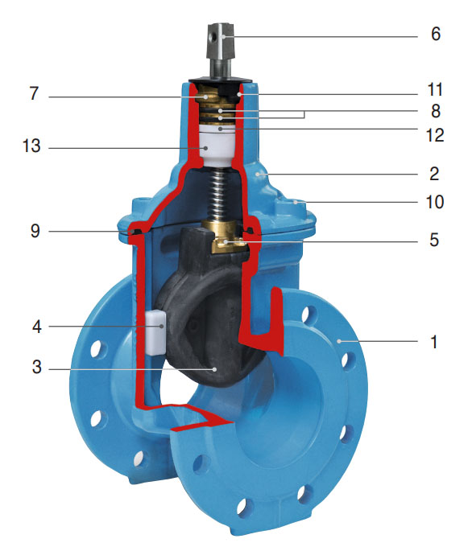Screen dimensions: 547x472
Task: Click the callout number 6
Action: point(435,36)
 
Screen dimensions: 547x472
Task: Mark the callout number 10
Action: point(434,201)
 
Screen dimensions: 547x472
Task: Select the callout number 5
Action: point(435,240)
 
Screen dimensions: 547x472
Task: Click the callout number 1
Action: point(435,342)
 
